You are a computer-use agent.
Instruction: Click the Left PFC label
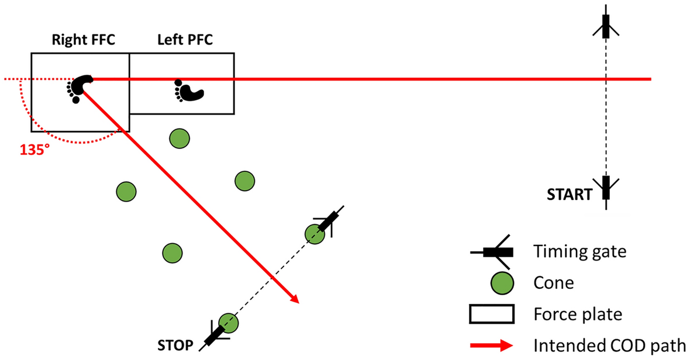pos(185,40)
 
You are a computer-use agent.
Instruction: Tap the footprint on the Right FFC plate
pos(79,88)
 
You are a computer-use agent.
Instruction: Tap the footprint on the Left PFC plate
pos(188,91)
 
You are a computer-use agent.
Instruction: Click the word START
pos(570,194)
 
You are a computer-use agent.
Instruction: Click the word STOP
pos(176,345)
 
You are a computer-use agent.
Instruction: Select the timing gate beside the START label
pos(606,189)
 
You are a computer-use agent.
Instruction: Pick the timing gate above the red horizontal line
pos(606,26)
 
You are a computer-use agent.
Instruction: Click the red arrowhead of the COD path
pos(294,299)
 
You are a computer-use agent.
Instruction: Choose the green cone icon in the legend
pos(501,283)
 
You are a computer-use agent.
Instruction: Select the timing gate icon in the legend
pos(496,251)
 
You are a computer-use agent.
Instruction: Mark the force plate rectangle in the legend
pos(492,314)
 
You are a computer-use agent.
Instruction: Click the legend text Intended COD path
pos(610,345)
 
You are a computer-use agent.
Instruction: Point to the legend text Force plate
pos(577,314)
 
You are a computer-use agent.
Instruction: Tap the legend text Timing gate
pos(579,251)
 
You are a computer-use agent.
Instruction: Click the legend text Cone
pos(554,283)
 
